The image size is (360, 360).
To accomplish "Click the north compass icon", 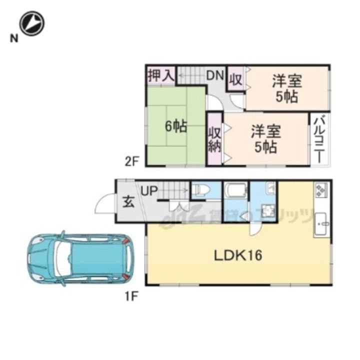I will [32, 23].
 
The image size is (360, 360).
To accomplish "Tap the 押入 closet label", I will [160, 76].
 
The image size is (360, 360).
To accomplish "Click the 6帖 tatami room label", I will [176, 126].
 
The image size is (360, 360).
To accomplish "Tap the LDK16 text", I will [238, 255].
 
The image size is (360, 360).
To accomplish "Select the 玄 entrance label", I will [128, 202].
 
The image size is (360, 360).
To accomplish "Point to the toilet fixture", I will [201, 190].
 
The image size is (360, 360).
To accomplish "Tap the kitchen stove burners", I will [320, 190].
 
